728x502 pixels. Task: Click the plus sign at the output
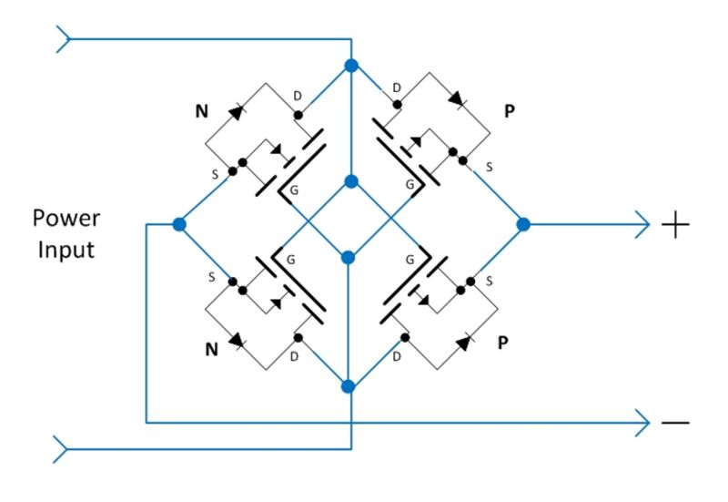(674, 223)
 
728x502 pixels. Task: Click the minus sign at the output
(674, 422)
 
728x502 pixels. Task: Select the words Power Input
(65, 233)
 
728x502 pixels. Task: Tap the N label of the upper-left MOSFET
(201, 113)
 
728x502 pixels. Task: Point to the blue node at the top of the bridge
(350, 66)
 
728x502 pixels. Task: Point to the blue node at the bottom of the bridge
(348, 386)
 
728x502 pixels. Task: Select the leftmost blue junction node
(179, 223)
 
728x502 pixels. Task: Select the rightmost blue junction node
(523, 223)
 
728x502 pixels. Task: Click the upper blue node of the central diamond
(349, 181)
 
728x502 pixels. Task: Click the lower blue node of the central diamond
(348, 257)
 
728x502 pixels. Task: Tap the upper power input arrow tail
(63, 39)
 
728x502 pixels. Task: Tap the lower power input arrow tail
(63, 448)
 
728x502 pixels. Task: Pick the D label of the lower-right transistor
(397, 356)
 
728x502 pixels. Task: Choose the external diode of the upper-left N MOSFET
(237, 111)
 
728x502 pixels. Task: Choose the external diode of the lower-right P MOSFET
(463, 343)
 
